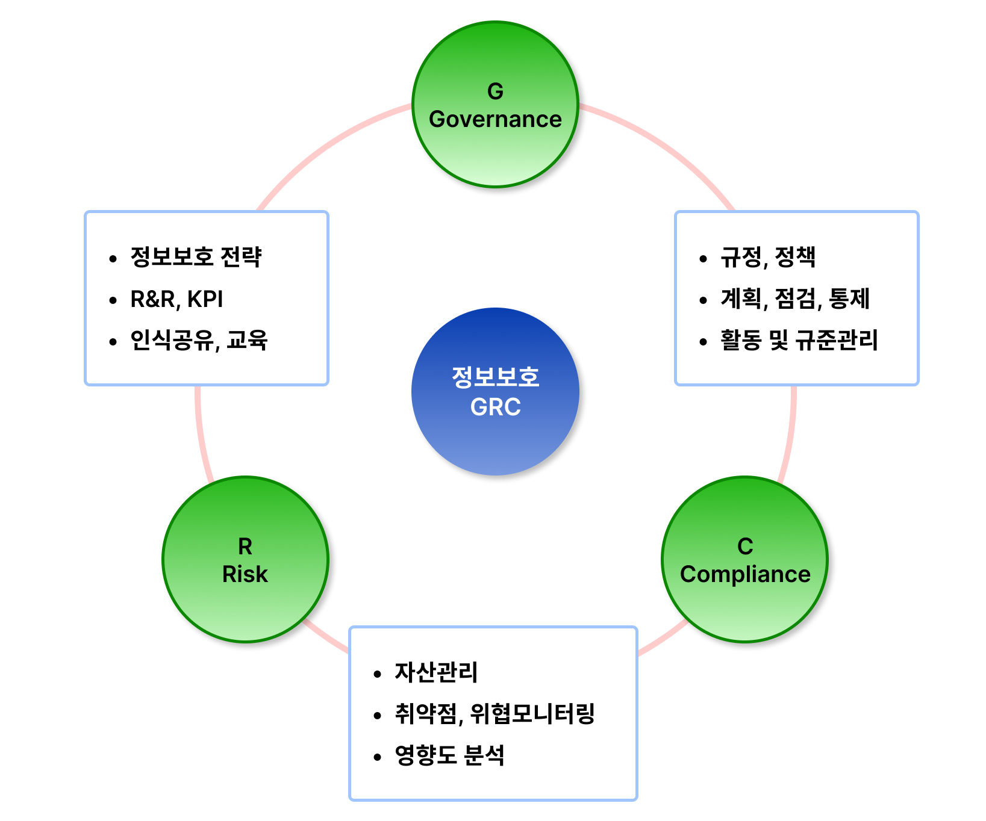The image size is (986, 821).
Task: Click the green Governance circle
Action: tap(495, 105)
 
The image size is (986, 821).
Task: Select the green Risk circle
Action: tap(245, 560)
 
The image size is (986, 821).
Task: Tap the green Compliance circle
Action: tap(745, 560)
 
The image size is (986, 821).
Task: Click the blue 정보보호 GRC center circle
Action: tap(495, 392)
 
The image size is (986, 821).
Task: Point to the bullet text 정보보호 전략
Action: tap(196, 257)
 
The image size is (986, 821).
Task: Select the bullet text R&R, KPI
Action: tap(176, 299)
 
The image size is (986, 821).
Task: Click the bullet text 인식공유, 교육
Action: tap(199, 341)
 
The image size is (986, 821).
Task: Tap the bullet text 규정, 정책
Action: tap(768, 257)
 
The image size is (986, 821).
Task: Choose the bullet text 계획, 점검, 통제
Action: tap(795, 299)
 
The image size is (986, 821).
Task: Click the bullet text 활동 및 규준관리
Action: tap(799, 340)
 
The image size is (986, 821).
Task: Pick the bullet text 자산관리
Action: tap(436, 672)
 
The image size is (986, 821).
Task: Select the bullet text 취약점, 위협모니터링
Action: tap(495, 714)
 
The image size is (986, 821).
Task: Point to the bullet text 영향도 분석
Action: tap(449, 755)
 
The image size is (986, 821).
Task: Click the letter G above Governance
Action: tap(495, 91)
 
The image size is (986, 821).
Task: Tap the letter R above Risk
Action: tap(245, 547)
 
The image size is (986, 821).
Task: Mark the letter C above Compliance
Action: tap(745, 547)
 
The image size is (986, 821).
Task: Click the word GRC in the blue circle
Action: tap(495, 407)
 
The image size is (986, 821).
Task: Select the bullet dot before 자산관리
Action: tap(378, 674)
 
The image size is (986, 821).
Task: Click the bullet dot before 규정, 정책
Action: tap(703, 259)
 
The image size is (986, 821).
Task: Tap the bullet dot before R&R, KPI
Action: tap(113, 301)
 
